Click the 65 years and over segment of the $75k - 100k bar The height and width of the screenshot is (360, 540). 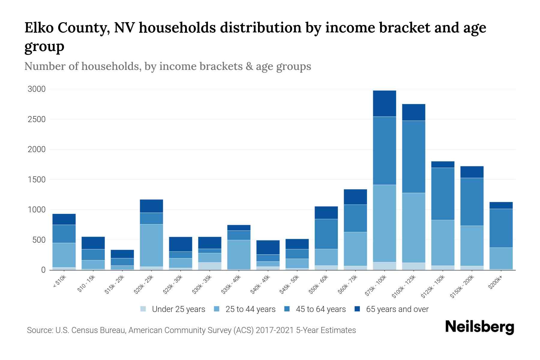384,103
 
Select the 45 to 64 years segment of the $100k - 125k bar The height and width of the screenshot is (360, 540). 413,157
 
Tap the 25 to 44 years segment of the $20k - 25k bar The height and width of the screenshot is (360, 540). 151,245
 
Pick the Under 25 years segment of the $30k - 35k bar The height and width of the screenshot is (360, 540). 210,266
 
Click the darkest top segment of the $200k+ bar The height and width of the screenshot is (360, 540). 501,205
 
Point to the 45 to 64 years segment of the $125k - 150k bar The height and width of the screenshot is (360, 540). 442,194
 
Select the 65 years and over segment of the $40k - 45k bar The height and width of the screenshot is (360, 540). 268,247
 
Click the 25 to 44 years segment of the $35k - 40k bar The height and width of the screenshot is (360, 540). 239,254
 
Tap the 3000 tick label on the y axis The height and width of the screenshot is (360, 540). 37,89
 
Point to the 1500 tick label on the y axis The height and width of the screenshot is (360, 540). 37,180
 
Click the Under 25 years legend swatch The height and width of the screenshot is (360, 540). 143,309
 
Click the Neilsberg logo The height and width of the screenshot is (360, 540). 479,327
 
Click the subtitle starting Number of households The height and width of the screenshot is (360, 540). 168,66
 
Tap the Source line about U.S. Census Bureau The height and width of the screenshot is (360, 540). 191,330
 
